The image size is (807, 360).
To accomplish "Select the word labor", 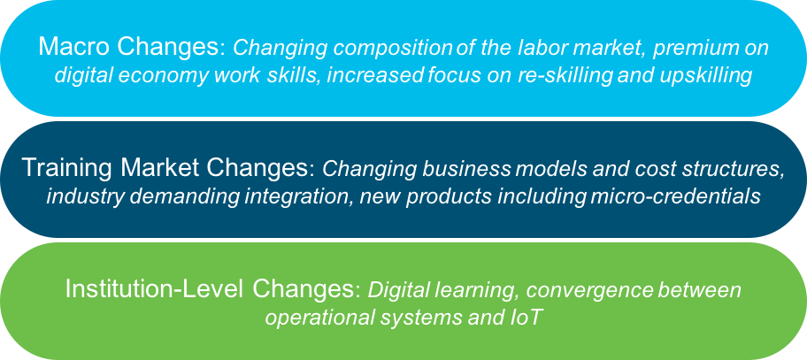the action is click(x=517, y=47).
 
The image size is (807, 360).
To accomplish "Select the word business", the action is click(x=466, y=169).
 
